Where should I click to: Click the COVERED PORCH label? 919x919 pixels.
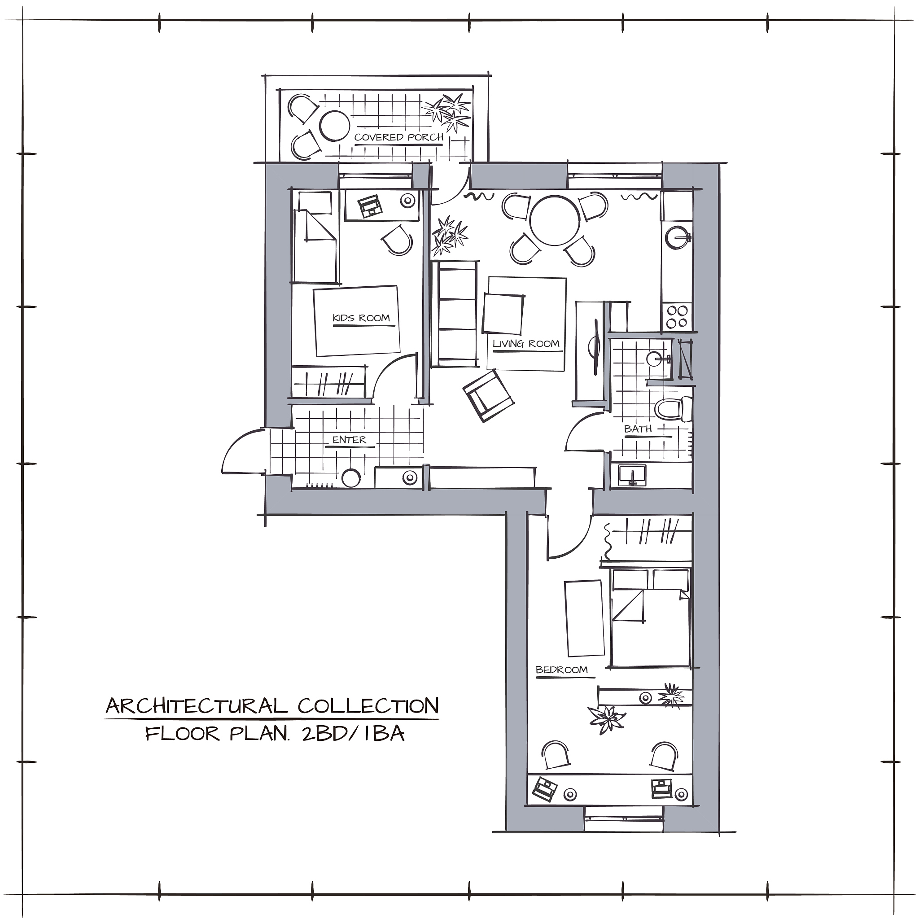398,137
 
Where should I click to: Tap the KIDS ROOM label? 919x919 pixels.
361,318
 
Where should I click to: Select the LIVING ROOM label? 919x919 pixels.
525,343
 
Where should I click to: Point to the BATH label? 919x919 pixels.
638,429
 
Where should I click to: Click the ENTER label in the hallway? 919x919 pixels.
349,440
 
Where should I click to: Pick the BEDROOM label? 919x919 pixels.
562,670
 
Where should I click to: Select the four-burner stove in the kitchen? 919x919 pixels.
677,317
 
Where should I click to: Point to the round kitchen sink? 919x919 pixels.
677,237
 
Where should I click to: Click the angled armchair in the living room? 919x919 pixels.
489,396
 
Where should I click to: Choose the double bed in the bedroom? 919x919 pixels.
650,617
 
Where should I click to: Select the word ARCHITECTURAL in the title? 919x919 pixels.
197,705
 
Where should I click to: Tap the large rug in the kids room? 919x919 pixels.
356,320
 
